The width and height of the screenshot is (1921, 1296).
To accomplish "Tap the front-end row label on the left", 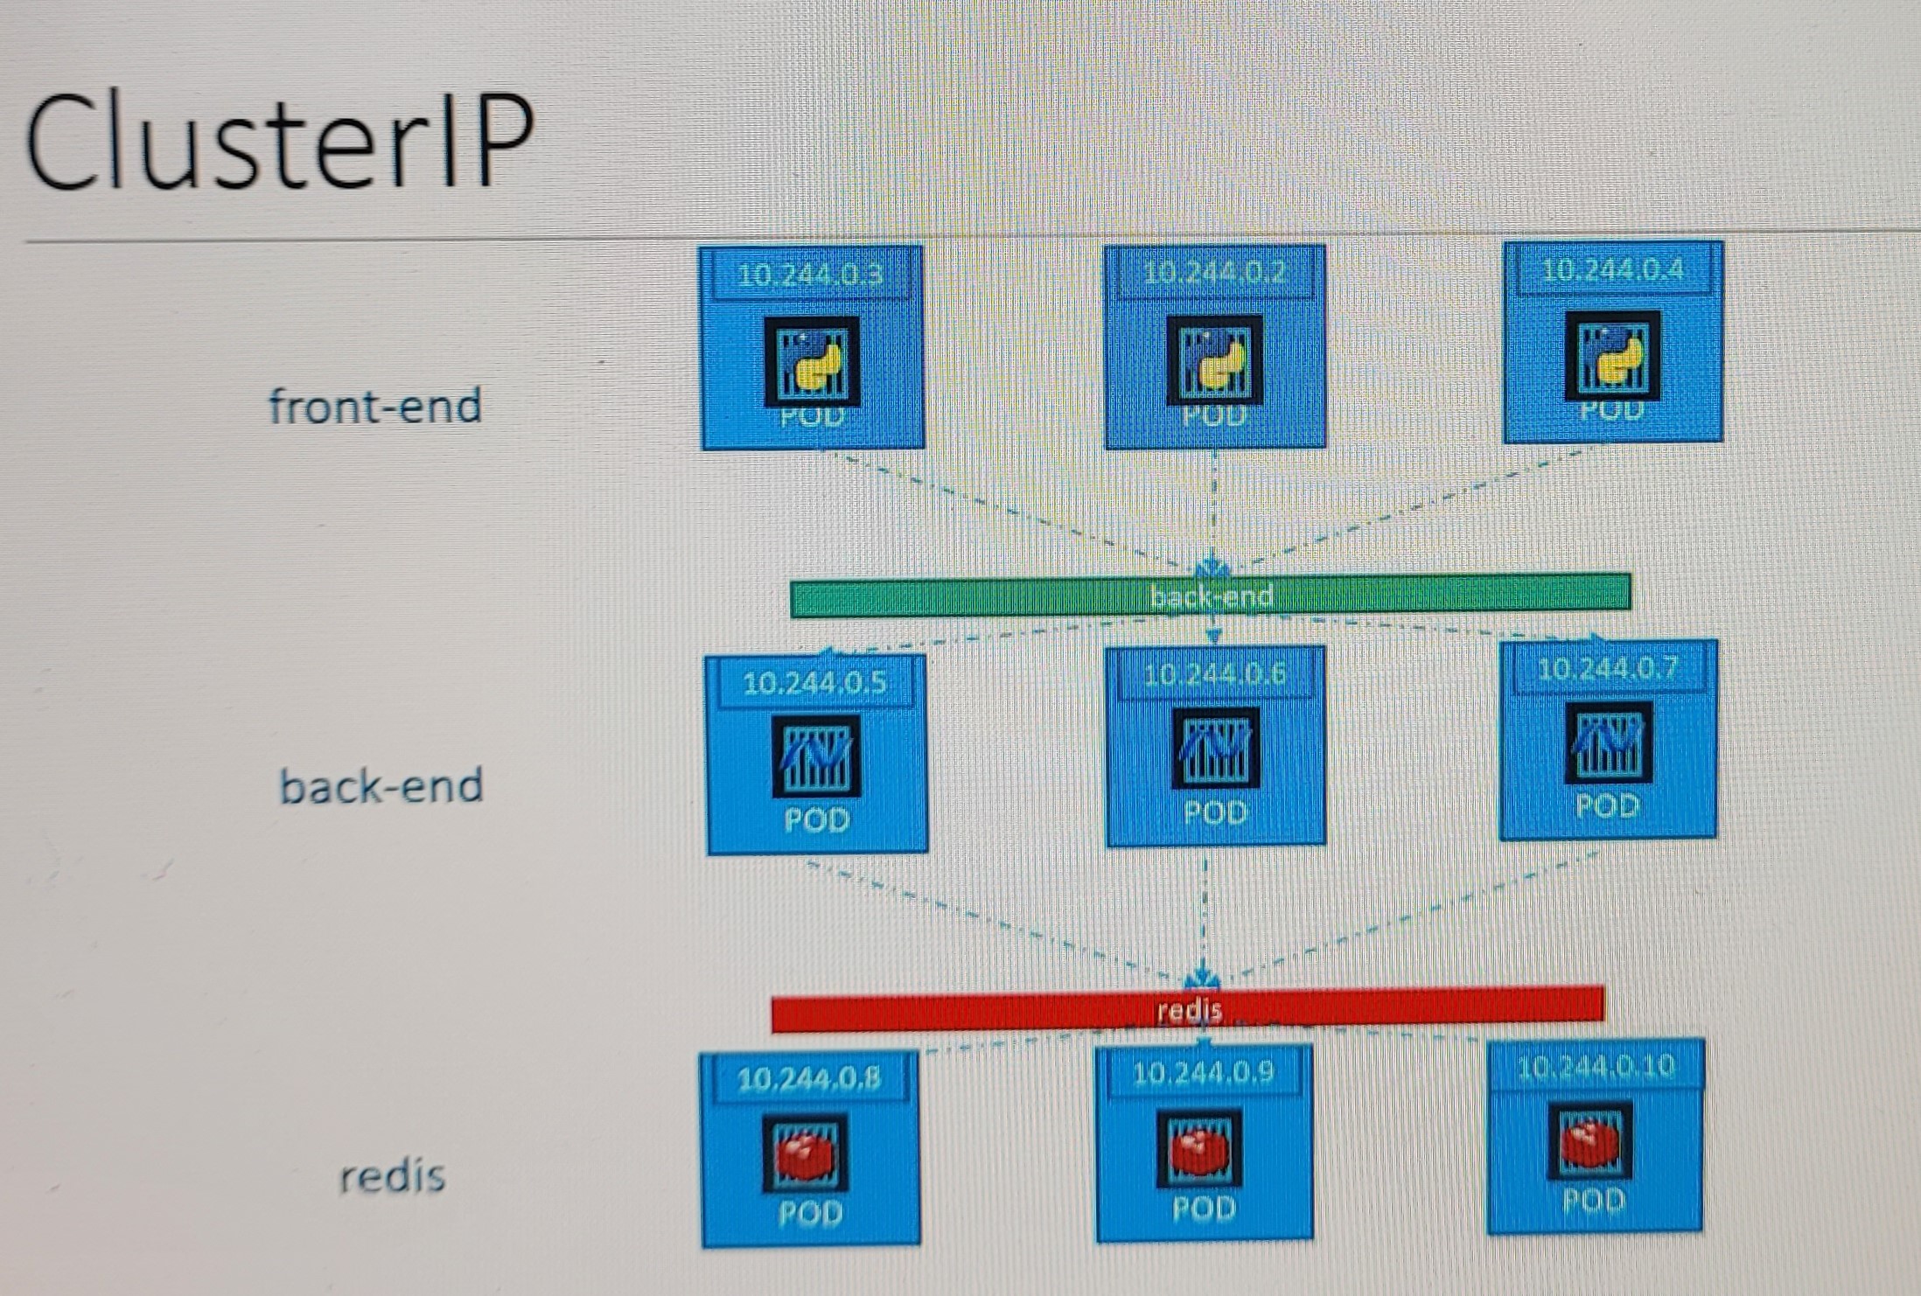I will point(375,407).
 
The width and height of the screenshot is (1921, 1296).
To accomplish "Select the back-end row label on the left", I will point(381,785).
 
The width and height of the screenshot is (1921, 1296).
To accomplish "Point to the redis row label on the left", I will point(392,1177).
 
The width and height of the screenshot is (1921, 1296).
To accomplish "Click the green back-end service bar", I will point(1211,596).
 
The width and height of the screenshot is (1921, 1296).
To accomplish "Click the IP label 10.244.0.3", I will point(811,275).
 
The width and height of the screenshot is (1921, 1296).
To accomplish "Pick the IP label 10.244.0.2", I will point(1215,273).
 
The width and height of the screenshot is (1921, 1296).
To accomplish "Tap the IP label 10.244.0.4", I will point(1612,269).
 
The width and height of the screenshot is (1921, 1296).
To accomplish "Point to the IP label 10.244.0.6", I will point(1215,674).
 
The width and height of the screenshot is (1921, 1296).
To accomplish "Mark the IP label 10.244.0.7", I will point(1608,669).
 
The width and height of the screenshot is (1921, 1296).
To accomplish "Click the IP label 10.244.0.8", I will point(809,1079).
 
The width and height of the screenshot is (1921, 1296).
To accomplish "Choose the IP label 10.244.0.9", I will point(1204,1073).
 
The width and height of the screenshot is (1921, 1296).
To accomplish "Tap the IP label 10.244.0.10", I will point(1596,1067).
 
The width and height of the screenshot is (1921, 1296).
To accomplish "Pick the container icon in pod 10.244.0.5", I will point(816,756).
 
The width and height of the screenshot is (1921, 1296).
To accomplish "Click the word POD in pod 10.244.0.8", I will point(810,1213).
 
